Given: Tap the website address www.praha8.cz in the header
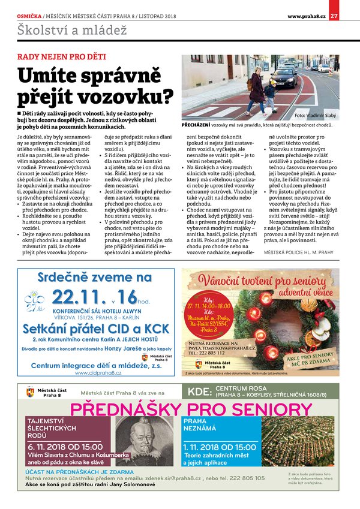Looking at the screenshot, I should pyautogui.click(x=307, y=16).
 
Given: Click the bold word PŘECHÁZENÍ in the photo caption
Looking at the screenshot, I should pyautogui.click(x=196, y=125).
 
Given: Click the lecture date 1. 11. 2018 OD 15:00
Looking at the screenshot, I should pyautogui.click(x=219, y=447).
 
